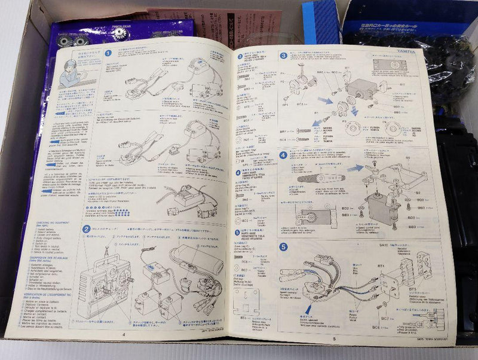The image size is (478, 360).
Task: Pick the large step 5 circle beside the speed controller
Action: [283, 246]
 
